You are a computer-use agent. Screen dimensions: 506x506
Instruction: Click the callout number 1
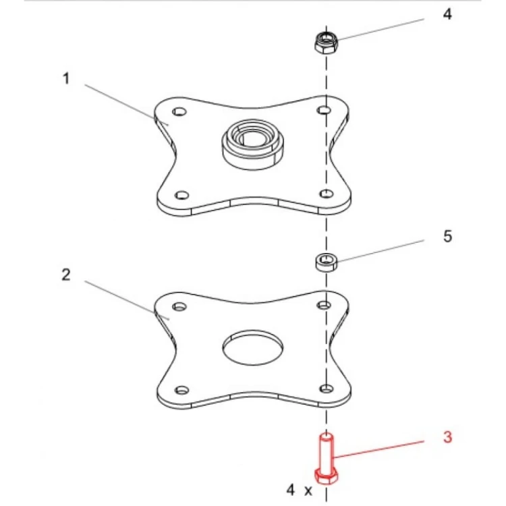tap(66, 79)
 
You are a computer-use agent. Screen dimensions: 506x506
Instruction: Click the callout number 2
tap(66, 275)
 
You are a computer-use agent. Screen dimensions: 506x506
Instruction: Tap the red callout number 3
tap(447, 437)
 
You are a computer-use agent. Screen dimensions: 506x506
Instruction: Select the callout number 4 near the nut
tap(447, 14)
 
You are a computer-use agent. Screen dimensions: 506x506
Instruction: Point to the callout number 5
tap(447, 236)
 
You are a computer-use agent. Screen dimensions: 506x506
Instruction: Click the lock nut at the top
tap(327, 43)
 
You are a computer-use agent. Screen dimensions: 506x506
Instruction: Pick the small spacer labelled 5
tap(327, 262)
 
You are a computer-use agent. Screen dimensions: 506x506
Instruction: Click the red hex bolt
tap(327, 459)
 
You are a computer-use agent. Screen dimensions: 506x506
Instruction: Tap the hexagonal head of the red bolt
tap(327, 476)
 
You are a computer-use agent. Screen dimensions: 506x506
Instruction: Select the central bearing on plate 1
tap(253, 144)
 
